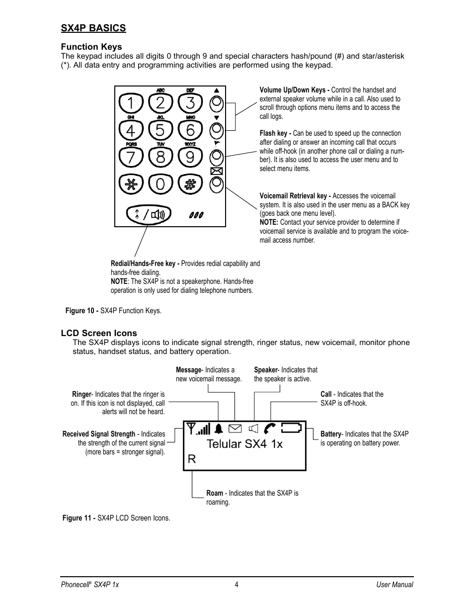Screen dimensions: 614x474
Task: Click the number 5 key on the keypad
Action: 160,130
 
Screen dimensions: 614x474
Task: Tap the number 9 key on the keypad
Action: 190,157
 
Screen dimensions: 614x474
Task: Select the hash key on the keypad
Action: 190,184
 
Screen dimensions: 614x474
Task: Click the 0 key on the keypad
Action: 160,184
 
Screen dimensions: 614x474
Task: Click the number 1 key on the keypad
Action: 131,103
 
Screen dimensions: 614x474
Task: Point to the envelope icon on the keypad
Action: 216,172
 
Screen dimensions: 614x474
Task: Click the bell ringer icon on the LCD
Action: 219,428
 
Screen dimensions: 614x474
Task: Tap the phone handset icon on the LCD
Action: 270,428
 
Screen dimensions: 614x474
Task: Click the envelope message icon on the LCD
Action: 235,428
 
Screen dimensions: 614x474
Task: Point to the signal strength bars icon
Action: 199,428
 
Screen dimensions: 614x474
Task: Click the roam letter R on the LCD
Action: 192,459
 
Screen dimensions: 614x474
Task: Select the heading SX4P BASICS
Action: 93,28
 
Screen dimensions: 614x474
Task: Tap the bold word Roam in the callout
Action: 215,493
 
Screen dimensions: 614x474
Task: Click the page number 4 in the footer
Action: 237,585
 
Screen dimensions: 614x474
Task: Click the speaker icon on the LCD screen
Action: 254,428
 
